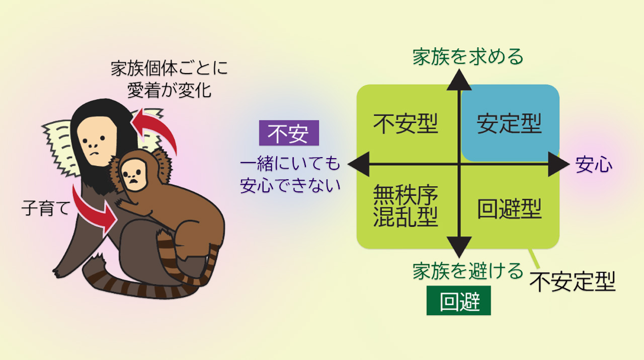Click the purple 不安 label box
coord(289,133)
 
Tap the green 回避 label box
coord(458,301)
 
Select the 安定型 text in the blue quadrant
coord(509,124)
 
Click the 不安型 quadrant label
coord(406,124)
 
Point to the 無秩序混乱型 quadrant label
coord(406,205)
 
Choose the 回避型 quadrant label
coord(510,208)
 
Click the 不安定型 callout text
coord(573,282)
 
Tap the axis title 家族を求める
coord(468,57)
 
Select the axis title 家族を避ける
coord(468,271)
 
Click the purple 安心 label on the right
coord(594,165)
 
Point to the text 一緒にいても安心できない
coord(290,174)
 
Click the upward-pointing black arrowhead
coord(459,80)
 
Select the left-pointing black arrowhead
coord(359,164)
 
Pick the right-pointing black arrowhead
coord(558,164)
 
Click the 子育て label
coord(46,208)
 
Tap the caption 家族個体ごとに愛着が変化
coord(170,79)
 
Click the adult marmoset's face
coord(97,141)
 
